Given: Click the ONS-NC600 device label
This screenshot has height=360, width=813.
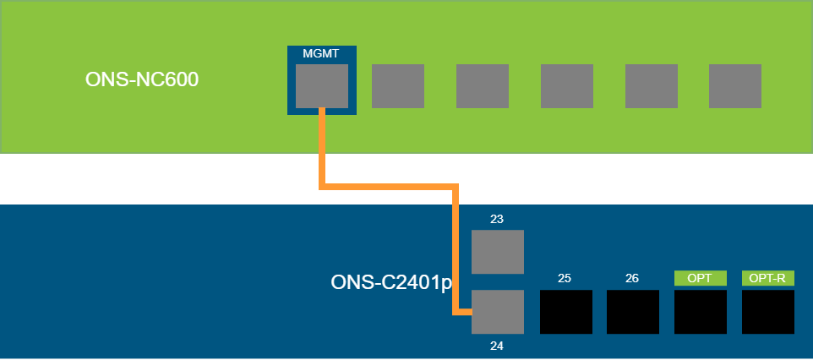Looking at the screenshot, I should [x=135, y=80].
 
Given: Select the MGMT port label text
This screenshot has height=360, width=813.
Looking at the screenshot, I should [x=321, y=54].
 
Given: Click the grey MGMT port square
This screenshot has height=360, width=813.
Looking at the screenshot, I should [x=322, y=86].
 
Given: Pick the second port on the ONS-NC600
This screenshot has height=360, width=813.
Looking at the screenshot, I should [x=398, y=86].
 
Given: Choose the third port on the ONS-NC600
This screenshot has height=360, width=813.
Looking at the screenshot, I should [x=483, y=86].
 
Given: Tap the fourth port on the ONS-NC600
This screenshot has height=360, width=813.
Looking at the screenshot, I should [x=567, y=86].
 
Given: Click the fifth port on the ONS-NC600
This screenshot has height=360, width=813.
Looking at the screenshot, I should [x=652, y=86].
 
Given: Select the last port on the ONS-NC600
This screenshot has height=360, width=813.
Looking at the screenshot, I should [x=735, y=86].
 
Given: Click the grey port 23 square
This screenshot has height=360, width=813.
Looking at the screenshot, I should [x=498, y=252].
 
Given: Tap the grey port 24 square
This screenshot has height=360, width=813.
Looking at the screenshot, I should [x=498, y=312].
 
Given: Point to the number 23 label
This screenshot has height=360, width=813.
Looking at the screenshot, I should [x=497, y=219].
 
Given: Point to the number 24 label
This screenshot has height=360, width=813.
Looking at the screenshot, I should [x=497, y=345].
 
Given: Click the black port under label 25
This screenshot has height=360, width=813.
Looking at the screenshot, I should [x=565, y=312].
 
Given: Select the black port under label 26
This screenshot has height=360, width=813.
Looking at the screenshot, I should [x=633, y=312].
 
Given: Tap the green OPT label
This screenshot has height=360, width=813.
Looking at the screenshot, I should [x=700, y=278].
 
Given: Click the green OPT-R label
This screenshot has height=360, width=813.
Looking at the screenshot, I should [x=767, y=278].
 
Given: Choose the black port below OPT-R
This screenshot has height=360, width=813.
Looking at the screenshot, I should [x=768, y=312].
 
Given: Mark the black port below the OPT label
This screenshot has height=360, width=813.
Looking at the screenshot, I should [x=701, y=312].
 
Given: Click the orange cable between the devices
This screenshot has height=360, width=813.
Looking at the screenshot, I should [x=389, y=184].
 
